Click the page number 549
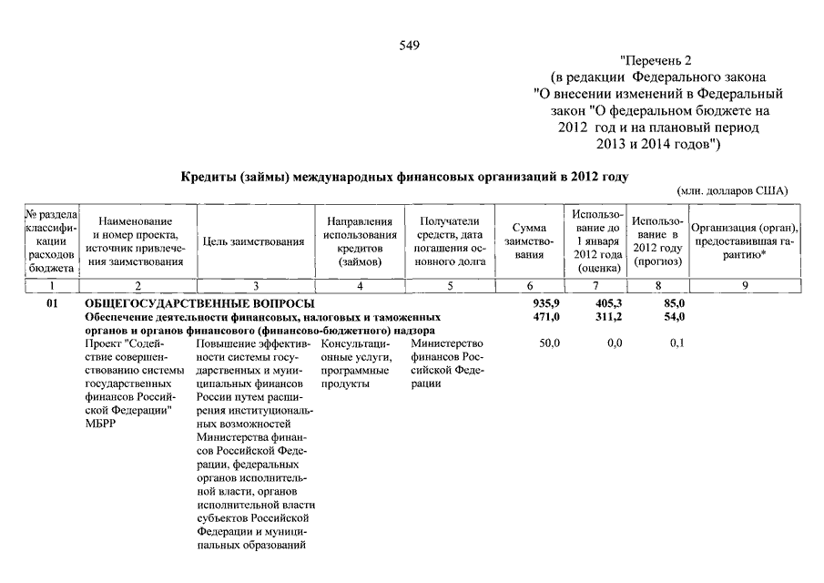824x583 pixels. pyautogui.click(x=409, y=46)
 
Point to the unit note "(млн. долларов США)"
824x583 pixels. pyautogui.click(x=733, y=191)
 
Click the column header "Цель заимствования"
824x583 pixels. pyautogui.click(x=254, y=242)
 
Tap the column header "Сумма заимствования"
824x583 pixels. pyautogui.click(x=528, y=241)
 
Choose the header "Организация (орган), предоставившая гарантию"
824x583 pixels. pyautogui.click(x=745, y=241)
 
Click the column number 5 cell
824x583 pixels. pyautogui.click(x=450, y=286)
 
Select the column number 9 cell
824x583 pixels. pyautogui.click(x=745, y=286)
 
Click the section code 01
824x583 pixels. pyautogui.click(x=53, y=302)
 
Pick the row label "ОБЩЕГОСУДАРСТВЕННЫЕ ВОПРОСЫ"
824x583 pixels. pyautogui.click(x=199, y=302)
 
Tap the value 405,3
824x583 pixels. pyautogui.click(x=607, y=302)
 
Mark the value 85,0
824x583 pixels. pyautogui.click(x=673, y=302)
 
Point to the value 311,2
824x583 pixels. pyautogui.click(x=607, y=316)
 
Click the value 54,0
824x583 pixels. pyautogui.click(x=673, y=316)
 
